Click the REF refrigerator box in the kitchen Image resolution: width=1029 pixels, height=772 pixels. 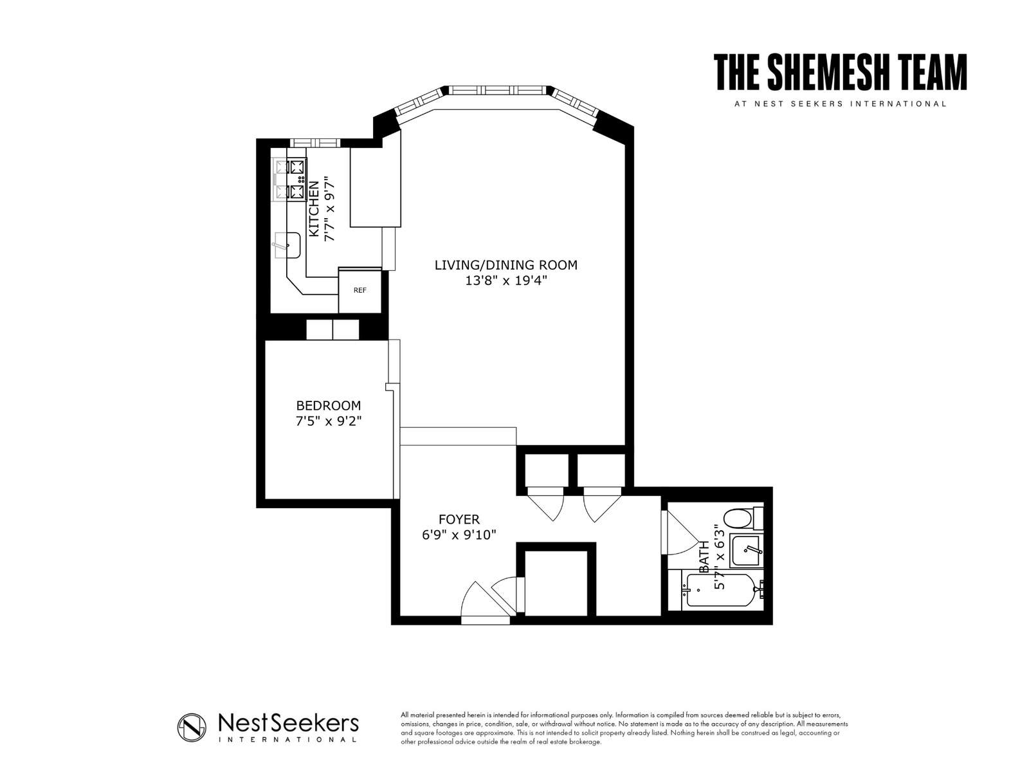pyautogui.click(x=360, y=290)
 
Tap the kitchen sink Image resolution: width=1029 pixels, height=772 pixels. pyautogui.click(x=287, y=245)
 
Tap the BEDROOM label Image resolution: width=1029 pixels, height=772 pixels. pyautogui.click(x=328, y=406)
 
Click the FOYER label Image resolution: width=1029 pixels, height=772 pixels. pyautogui.click(x=459, y=519)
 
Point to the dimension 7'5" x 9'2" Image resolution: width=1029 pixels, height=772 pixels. pyautogui.click(x=328, y=421)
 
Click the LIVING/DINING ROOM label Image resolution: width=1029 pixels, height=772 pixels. pyautogui.click(x=505, y=265)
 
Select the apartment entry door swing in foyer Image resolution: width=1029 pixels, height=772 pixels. pyautogui.click(x=482, y=602)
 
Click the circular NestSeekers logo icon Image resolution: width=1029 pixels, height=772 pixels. pyautogui.click(x=192, y=728)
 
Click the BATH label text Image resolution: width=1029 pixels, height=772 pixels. pyautogui.click(x=704, y=556)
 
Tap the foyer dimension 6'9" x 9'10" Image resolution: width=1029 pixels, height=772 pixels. pyautogui.click(x=459, y=535)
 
